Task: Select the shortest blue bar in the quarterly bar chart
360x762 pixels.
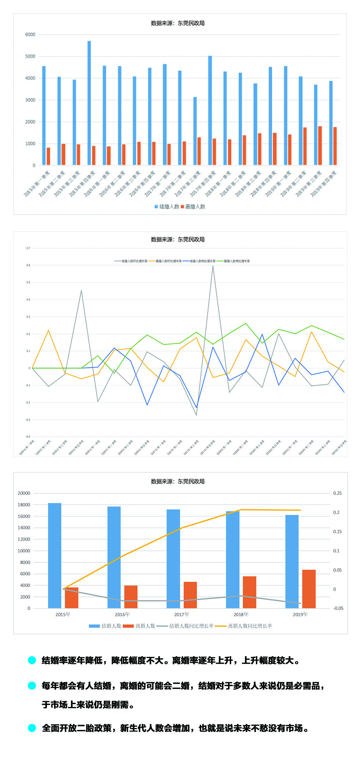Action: pyautogui.click(x=195, y=131)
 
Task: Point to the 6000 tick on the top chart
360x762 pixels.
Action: pyautogui.click(x=30, y=35)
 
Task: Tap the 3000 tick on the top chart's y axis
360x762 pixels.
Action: pyautogui.click(x=30, y=100)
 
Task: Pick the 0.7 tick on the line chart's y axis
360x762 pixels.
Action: pyautogui.click(x=28, y=248)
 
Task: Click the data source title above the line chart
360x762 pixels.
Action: pyautogui.click(x=178, y=239)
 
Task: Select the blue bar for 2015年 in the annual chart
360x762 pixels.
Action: pyautogui.click(x=55, y=556)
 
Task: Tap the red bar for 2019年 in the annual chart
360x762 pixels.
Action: pyautogui.click(x=309, y=589)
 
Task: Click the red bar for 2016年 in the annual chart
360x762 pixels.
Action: pyautogui.click(x=131, y=597)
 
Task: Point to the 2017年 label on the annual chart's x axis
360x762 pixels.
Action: pyautogui.click(x=181, y=614)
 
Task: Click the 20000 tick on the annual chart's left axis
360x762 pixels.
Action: pyautogui.click(x=24, y=493)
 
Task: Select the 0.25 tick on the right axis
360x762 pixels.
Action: pyautogui.click(x=337, y=493)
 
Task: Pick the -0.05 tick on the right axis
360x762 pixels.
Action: pyautogui.click(x=338, y=608)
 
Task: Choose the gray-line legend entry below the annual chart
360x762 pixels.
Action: pyautogui.click(x=185, y=626)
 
